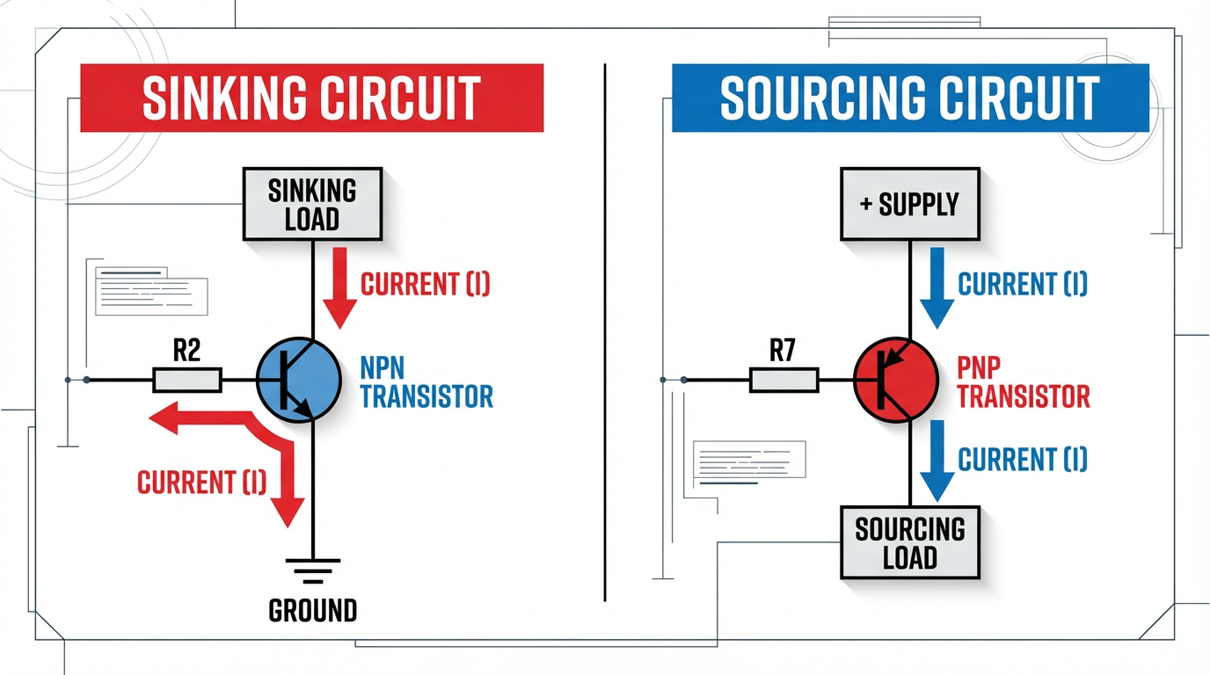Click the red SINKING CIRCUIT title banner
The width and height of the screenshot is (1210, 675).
pyautogui.click(x=311, y=97)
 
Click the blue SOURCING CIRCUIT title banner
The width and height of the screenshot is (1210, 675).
pyautogui.click(x=909, y=97)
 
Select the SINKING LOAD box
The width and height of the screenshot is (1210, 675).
pyautogui.click(x=312, y=204)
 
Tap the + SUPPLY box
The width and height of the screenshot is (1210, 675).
pyautogui.click(x=910, y=205)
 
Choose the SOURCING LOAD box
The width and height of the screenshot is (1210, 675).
pyautogui.click(x=910, y=542)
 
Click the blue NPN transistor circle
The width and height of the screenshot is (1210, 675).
pyautogui.click(x=298, y=381)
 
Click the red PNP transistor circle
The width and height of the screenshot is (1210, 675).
pyautogui.click(x=895, y=381)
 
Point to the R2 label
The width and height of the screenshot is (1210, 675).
pyautogui.click(x=186, y=352)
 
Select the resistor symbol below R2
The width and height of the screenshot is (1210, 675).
pyautogui.click(x=187, y=381)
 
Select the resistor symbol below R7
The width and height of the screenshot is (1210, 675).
pyautogui.click(x=784, y=381)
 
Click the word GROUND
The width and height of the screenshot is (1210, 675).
pyautogui.click(x=312, y=610)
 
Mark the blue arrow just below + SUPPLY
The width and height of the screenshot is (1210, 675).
pyautogui.click(x=936, y=287)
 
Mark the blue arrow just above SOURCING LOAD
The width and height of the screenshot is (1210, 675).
pyautogui.click(x=936, y=459)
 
